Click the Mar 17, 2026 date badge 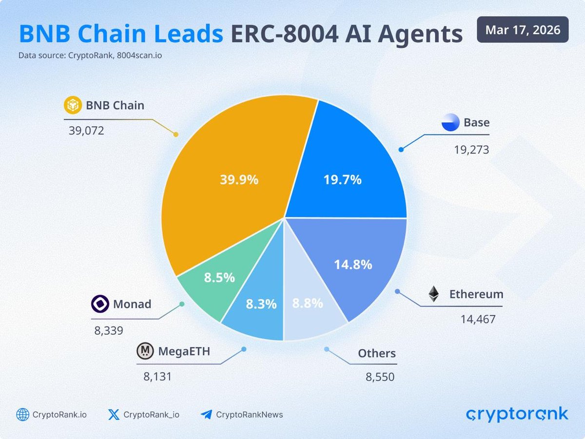coord(522,30)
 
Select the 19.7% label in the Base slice coord(342,180)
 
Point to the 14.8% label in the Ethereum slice coord(353,264)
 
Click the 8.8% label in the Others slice coord(307,303)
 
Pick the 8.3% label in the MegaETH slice coord(261,304)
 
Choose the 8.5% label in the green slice coord(219,278)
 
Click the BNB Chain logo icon coord(72,105)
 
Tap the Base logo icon coord(450,122)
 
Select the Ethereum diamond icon coord(433,294)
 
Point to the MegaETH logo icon coord(145,351)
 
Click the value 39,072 coord(84,131)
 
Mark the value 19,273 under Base coord(471,149)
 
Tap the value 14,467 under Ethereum coord(478,319)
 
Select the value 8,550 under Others coord(380,377)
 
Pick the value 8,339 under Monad coord(108,330)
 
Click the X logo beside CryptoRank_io coord(114,415)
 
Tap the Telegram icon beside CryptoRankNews coord(206,415)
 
